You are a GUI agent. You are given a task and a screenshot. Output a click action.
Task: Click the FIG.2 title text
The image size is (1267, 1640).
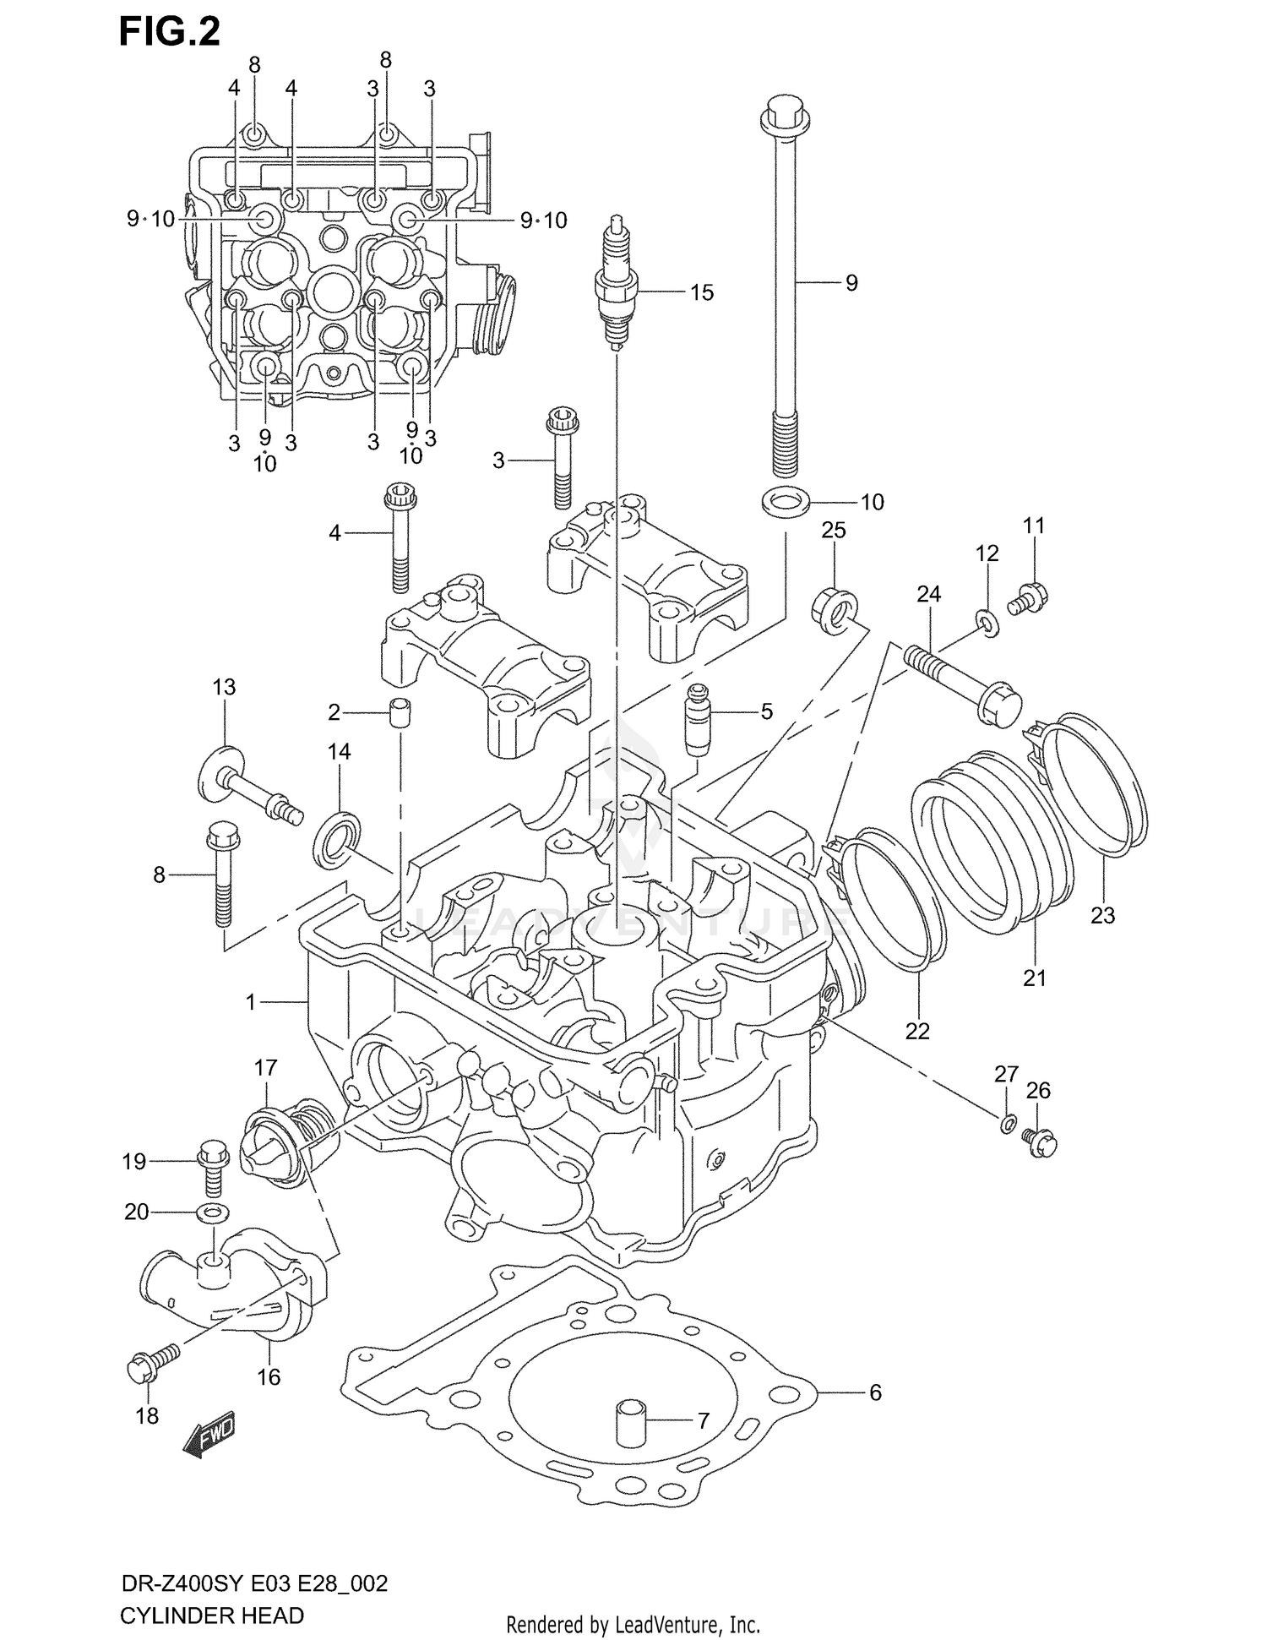[x=169, y=32]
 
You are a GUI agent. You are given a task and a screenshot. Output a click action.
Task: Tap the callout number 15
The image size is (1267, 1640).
[x=701, y=292]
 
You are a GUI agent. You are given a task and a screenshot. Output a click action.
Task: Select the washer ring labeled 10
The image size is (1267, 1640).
[x=785, y=501]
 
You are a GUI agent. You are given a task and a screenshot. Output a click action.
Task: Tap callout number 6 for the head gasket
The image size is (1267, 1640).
[x=875, y=1392]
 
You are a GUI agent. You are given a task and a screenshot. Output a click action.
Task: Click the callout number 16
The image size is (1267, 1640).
[x=269, y=1377]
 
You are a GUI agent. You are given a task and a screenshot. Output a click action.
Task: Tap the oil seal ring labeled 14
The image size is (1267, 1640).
[x=338, y=839]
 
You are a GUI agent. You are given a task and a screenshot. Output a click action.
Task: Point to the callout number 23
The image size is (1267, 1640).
[x=1102, y=914]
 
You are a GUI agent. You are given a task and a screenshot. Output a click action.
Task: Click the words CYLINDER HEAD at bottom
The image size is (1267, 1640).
[x=211, y=1616]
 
